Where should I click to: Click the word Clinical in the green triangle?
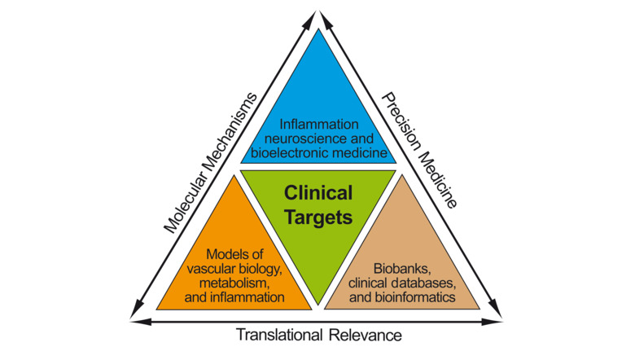pos(317,194)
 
